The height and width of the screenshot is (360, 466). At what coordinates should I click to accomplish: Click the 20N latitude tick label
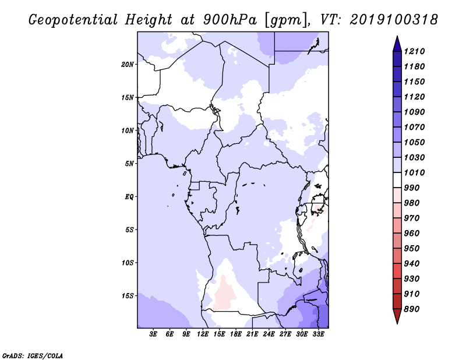pyautogui.click(x=128, y=64)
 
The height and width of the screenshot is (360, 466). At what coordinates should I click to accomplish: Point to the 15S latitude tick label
pyautogui.click(x=128, y=295)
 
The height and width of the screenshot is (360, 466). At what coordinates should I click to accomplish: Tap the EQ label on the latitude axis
pyautogui.click(x=129, y=196)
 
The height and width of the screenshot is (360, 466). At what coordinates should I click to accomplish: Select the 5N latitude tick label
pyautogui.click(x=129, y=163)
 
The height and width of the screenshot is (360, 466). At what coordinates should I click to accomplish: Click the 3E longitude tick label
pyautogui.click(x=154, y=334)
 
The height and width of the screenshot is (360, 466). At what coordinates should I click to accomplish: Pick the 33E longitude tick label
pyautogui.click(x=319, y=334)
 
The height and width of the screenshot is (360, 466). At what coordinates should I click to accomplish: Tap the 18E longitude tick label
pyautogui.click(x=236, y=334)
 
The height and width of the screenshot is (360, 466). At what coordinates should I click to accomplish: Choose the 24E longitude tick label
pyautogui.click(x=269, y=334)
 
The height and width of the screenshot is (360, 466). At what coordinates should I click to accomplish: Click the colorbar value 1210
pyautogui.click(x=416, y=51)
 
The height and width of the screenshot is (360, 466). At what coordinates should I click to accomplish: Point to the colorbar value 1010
pyautogui.click(x=416, y=172)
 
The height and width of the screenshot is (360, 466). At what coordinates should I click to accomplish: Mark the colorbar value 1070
pyautogui.click(x=416, y=127)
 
